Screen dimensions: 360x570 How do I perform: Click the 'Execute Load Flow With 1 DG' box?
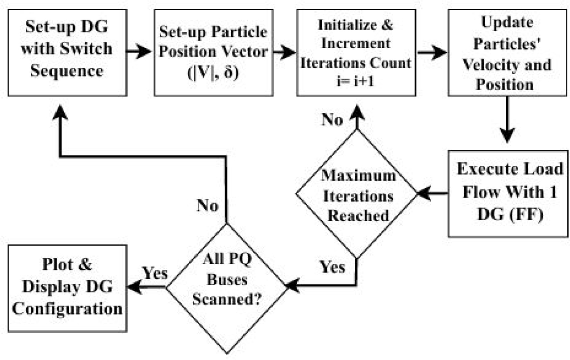pos(507,193)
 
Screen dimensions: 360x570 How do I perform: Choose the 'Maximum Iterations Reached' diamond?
pos(356,194)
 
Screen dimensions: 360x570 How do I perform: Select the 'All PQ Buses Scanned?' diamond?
pos(226,286)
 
